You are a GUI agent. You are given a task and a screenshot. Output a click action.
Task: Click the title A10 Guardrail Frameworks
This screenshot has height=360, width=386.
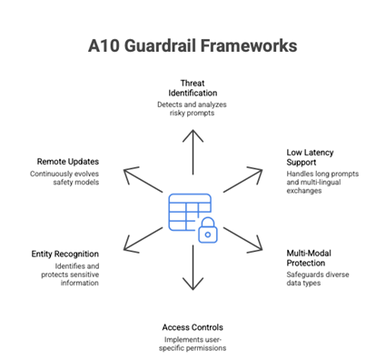tap(193, 44)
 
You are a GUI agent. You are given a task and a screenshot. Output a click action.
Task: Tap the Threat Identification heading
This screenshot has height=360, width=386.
tap(192, 88)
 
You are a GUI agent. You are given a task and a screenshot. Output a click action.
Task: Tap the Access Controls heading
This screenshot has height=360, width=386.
tap(192, 327)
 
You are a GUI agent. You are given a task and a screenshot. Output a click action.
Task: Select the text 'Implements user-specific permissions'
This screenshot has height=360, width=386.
tap(192, 344)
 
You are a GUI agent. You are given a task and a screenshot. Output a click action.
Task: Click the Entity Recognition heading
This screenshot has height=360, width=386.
tap(65, 254)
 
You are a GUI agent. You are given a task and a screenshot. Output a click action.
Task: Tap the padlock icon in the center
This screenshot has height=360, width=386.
tap(208, 231)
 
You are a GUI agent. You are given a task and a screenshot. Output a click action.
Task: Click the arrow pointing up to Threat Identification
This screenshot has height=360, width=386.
tap(192, 151)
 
